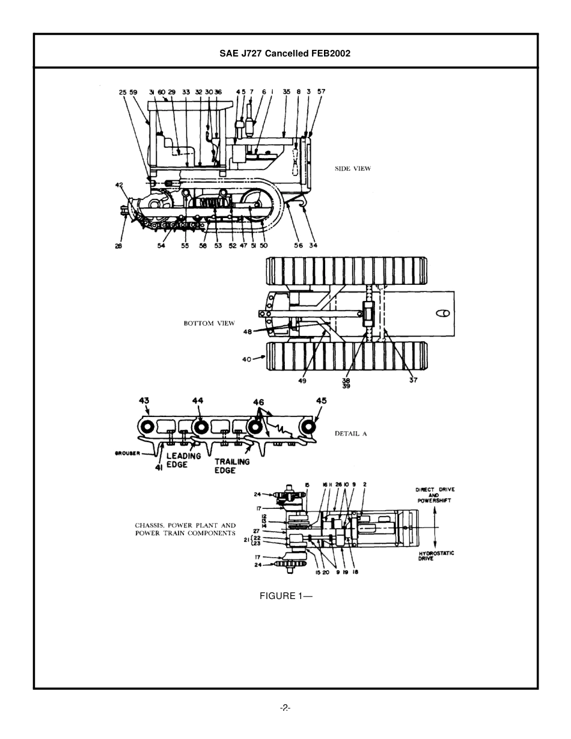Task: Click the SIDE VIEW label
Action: click(353, 169)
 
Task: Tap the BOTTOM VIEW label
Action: click(209, 323)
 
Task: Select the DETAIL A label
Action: click(351, 433)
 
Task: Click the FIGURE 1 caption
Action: click(285, 596)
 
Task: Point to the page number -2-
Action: click(285, 708)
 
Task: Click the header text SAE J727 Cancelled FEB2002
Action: click(285, 53)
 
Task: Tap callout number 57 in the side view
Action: click(322, 92)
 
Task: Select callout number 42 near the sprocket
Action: click(119, 185)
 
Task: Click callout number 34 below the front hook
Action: click(313, 245)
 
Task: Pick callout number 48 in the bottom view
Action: click(248, 332)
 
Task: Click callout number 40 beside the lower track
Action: click(246, 359)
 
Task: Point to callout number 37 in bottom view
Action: click(413, 380)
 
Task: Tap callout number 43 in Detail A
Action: click(144, 401)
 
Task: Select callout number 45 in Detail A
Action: click(322, 401)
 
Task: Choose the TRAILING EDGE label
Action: click(231, 466)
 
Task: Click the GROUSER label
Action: click(127, 453)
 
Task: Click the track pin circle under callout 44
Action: click(200, 427)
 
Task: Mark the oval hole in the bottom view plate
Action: click(443, 313)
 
